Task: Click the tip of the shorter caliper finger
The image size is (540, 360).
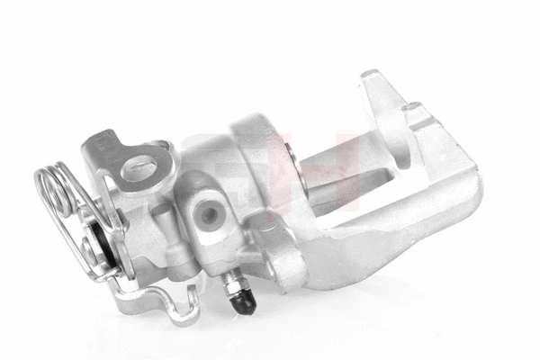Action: pos(416,112)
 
